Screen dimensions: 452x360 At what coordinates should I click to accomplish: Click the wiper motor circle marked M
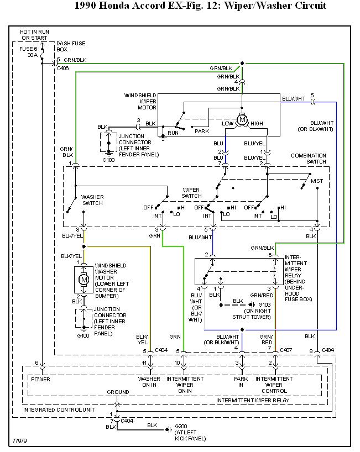coord(242,119)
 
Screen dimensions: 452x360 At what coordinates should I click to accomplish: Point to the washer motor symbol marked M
coord(85,280)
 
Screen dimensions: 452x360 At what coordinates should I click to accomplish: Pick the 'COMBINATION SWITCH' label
coord(309,159)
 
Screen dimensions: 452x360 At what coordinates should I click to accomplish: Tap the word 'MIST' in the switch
coord(317,181)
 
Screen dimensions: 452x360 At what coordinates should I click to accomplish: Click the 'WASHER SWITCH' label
coord(92,200)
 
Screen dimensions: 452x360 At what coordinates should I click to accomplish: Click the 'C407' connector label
coord(286,350)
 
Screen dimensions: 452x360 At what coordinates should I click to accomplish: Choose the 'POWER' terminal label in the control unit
coord(41,379)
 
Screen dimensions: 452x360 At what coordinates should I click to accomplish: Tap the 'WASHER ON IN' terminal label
coord(149,382)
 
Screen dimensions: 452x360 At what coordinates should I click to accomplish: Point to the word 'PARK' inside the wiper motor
coord(202,131)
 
